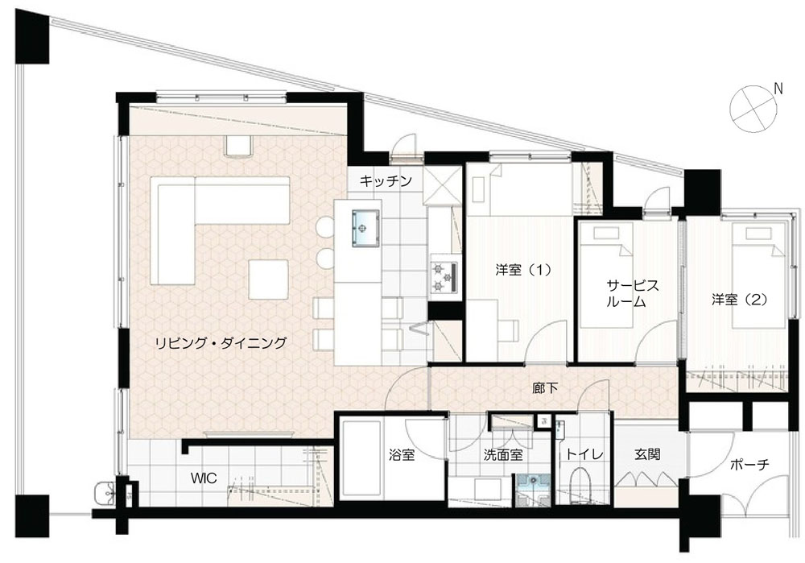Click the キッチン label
click(386, 180)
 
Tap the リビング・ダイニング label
click(221, 342)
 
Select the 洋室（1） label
click(523, 269)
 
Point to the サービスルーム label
click(625, 293)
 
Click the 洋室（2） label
click(739, 300)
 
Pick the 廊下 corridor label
click(545, 388)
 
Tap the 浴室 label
click(402, 454)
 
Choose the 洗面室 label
click(503, 454)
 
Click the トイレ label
click(584, 454)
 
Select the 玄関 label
click(647, 454)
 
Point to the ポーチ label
click(749, 465)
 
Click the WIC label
click(204, 478)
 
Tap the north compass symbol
click(756, 109)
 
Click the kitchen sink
click(366, 228)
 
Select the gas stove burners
click(443, 277)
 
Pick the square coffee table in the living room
click(268, 279)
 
